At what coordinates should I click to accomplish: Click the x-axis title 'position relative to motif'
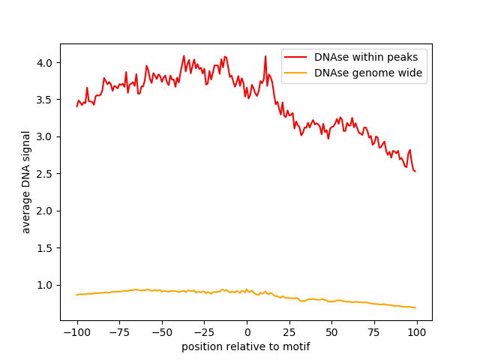tap(246, 346)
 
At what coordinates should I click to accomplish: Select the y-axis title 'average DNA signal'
tap(26, 181)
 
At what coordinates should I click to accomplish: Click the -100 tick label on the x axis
tap(76, 332)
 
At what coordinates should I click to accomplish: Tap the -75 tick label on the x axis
tap(119, 332)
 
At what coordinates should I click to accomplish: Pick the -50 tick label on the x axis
tap(162, 332)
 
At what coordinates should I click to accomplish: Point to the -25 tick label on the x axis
tap(204, 332)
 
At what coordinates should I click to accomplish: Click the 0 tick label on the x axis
tap(247, 332)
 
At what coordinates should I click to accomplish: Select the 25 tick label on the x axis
tap(289, 332)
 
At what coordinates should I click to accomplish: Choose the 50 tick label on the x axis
tap(331, 332)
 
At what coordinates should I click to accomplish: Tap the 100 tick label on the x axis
tap(416, 332)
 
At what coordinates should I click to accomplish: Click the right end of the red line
tap(415, 172)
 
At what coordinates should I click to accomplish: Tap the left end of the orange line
tap(76, 295)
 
